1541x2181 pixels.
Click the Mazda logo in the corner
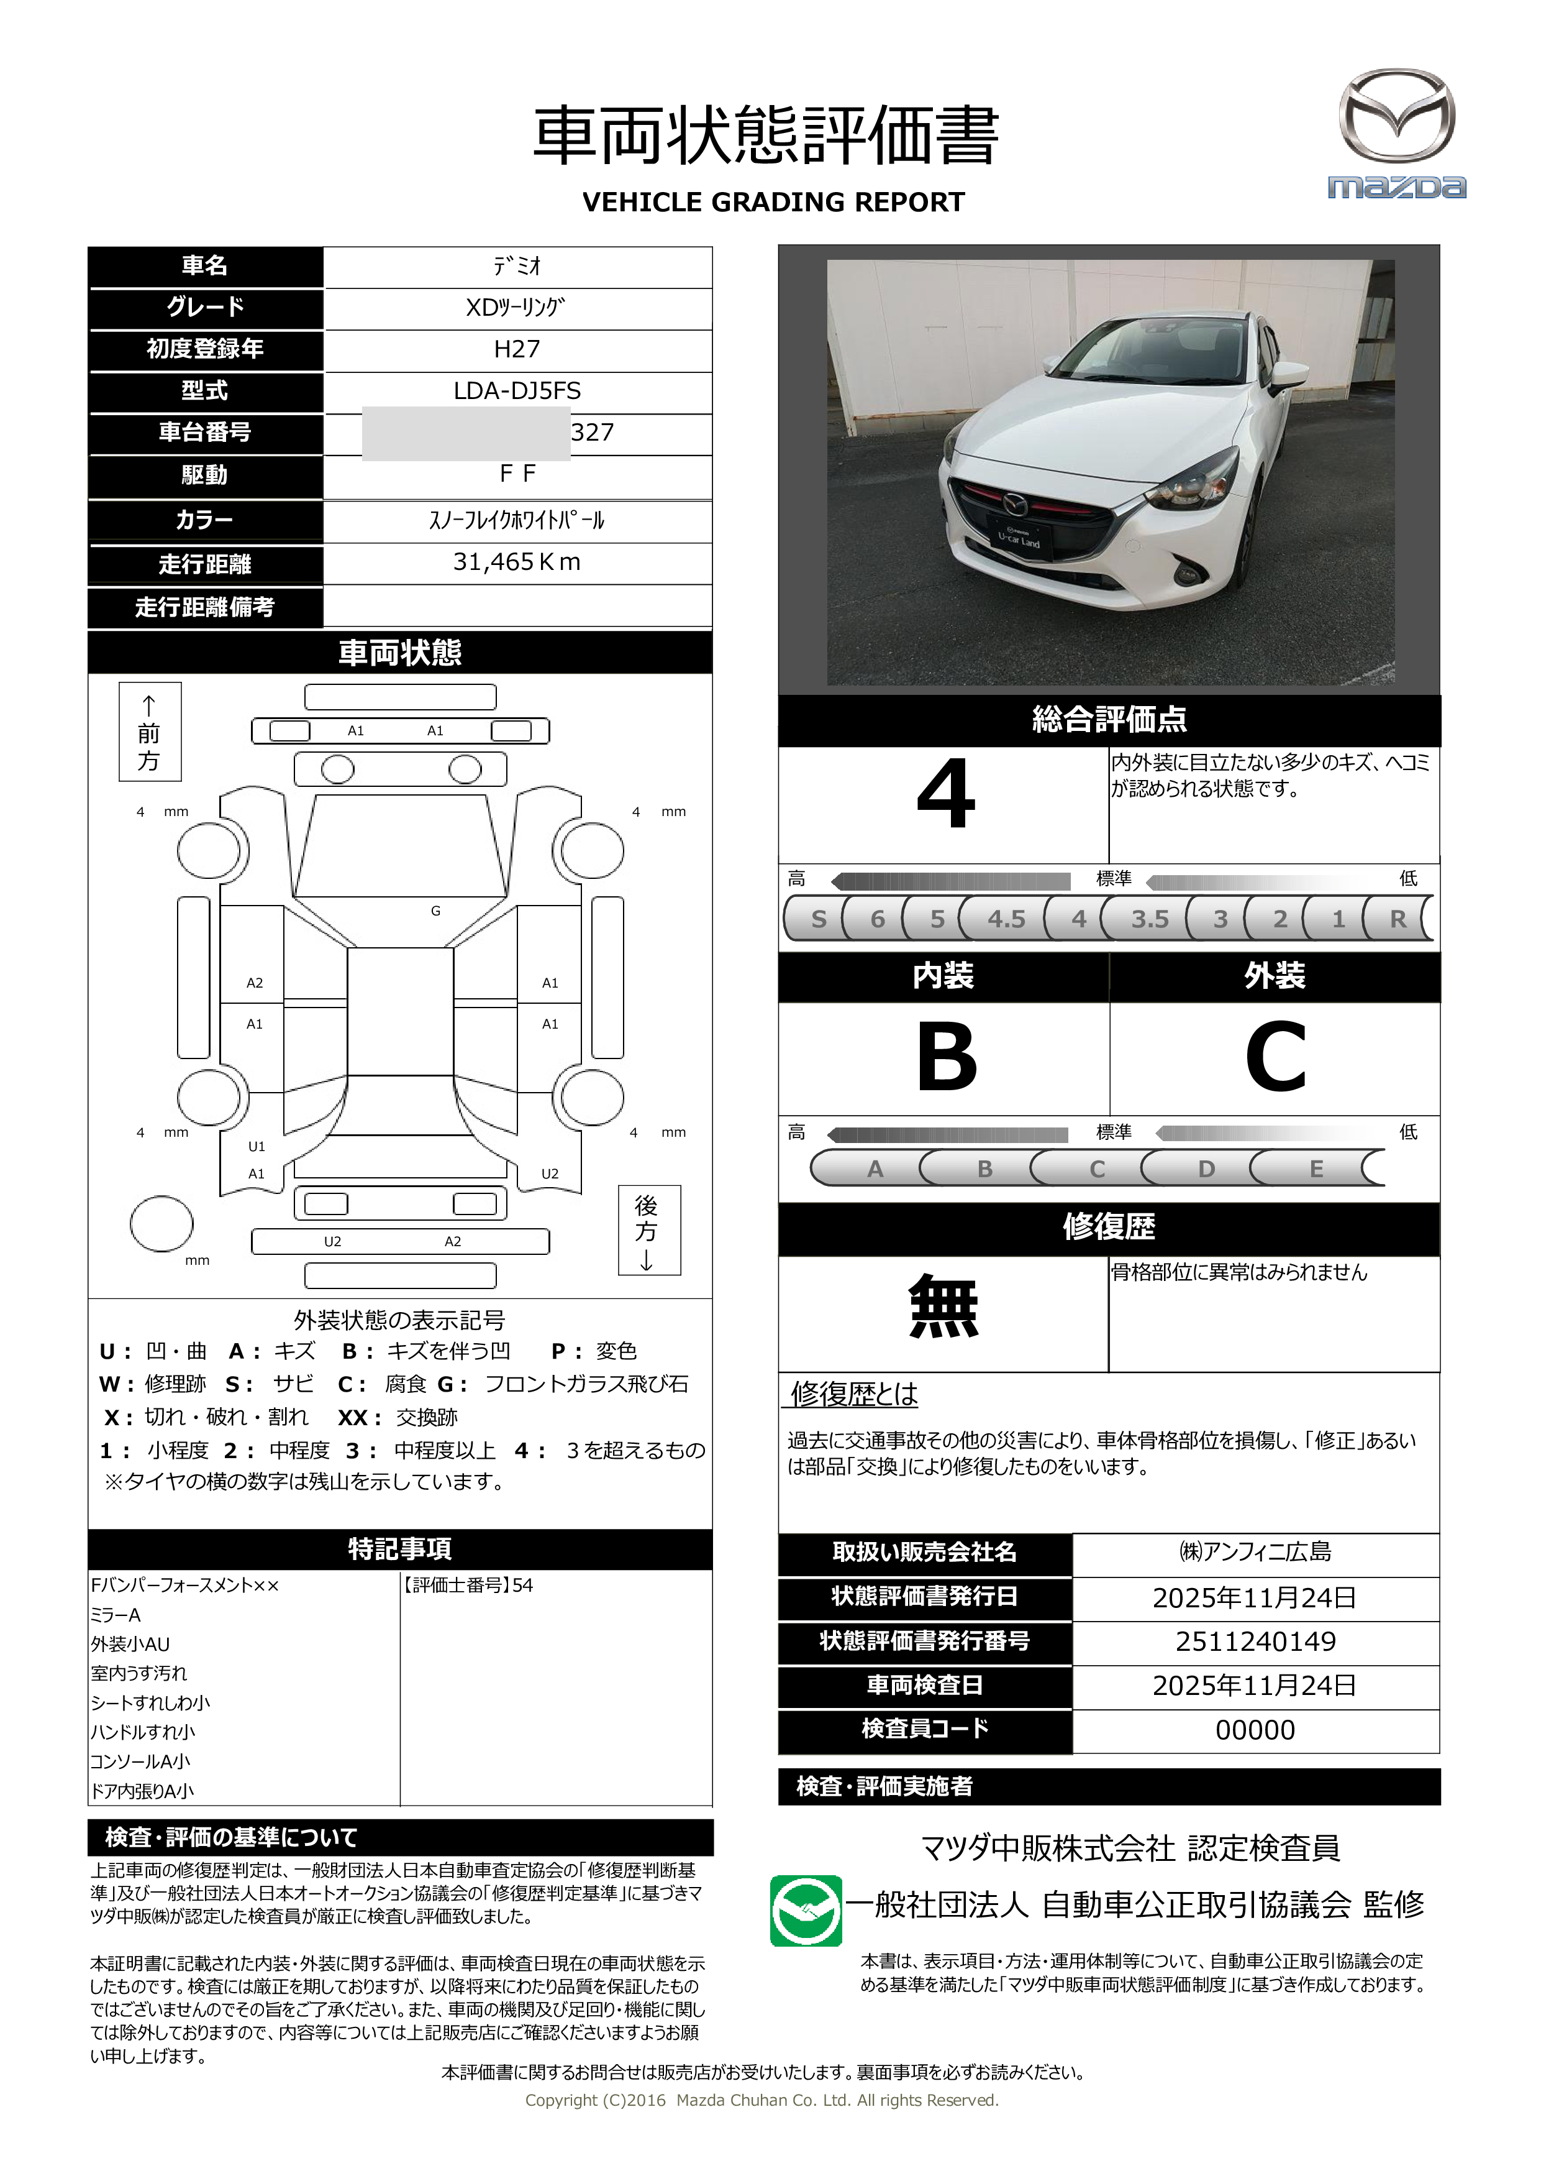click(x=1396, y=133)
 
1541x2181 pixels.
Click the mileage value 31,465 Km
click(x=517, y=562)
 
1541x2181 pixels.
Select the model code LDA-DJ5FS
click(x=517, y=390)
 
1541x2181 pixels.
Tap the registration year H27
click(x=517, y=349)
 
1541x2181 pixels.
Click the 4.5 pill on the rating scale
click(x=1006, y=919)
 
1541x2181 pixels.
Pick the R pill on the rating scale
click(x=1397, y=919)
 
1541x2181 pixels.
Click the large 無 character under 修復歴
click(x=943, y=1307)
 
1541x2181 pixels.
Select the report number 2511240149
click(x=1255, y=1641)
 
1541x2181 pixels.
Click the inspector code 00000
click(x=1255, y=1730)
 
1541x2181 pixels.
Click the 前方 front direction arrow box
click(x=149, y=732)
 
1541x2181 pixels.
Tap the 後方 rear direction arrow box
click(x=648, y=1230)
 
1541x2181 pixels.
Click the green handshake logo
click(x=805, y=1910)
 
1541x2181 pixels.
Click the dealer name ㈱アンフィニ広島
click(x=1255, y=1552)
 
